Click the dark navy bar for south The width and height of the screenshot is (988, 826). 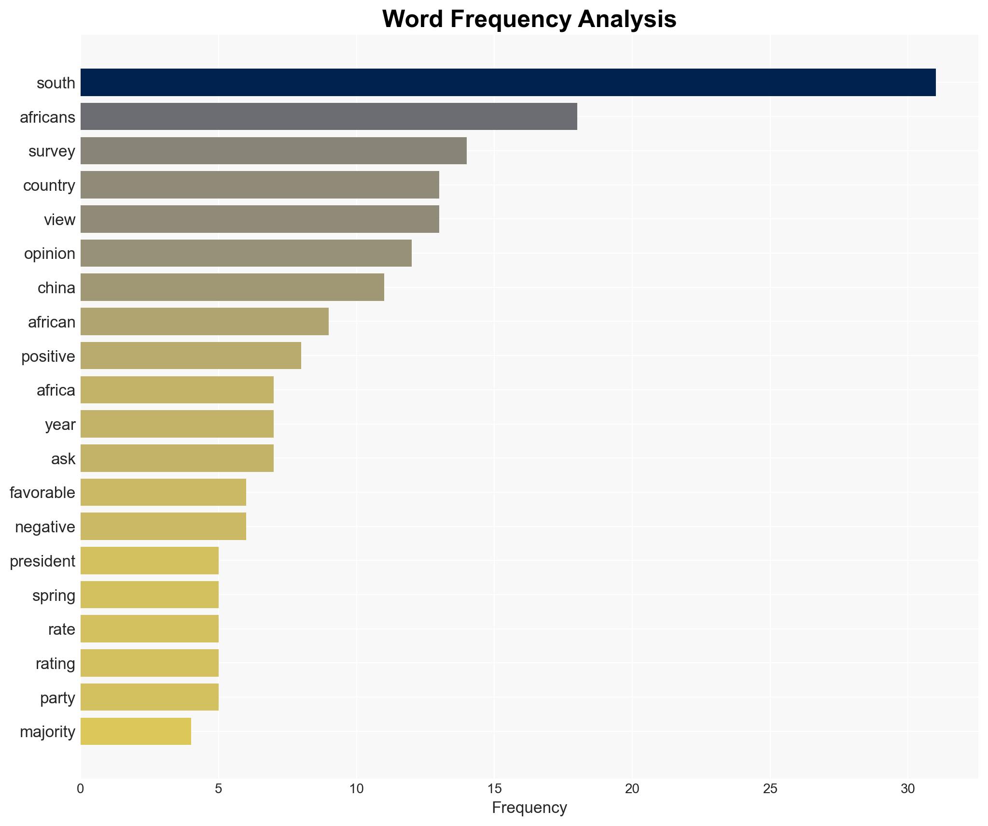[508, 83]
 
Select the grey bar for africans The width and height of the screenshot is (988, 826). [329, 116]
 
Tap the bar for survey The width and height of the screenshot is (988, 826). [273, 151]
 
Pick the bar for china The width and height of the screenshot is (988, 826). [232, 287]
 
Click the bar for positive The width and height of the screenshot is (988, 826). [191, 356]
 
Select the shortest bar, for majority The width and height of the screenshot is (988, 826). [136, 731]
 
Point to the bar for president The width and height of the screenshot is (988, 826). [149, 561]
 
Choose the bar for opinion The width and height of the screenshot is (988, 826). [246, 253]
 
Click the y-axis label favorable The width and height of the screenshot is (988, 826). [42, 493]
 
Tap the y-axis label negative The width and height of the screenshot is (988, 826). [45, 527]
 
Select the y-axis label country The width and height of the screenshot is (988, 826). [49, 185]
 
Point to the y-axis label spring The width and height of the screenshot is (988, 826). [54, 596]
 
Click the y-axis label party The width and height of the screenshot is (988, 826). [57, 698]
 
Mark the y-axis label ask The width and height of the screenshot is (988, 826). [63, 459]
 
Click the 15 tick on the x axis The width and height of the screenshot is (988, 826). [494, 789]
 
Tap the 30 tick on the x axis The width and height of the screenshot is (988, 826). [907, 789]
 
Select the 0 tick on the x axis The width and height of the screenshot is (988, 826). [81, 789]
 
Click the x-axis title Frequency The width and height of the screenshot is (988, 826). [529, 808]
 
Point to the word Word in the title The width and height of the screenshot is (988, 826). [413, 19]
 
